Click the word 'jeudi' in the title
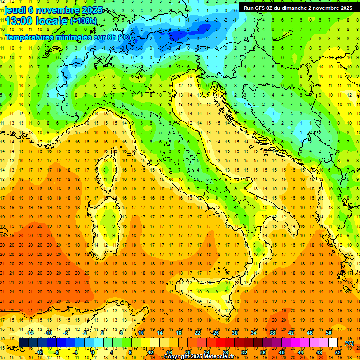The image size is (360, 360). [15, 10]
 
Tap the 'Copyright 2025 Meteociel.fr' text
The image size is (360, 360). [202, 357]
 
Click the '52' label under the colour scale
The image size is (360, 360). [337, 352]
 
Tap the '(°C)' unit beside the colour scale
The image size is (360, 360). [349, 343]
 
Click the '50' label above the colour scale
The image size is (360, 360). [328, 333]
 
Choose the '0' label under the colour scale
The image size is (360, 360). [93, 352]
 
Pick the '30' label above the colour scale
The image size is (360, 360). [235, 333]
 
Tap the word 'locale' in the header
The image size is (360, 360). [53, 22]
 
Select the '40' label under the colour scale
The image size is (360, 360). [282, 352]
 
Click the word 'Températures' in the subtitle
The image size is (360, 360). [28, 37]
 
